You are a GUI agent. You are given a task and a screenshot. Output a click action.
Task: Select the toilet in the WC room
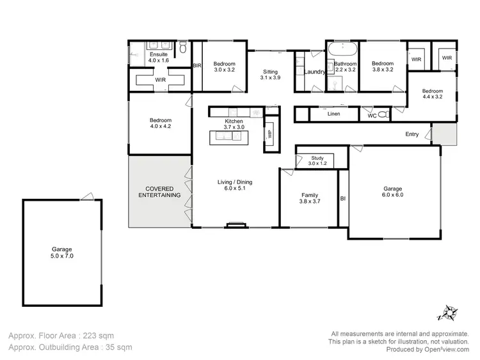point(383,115)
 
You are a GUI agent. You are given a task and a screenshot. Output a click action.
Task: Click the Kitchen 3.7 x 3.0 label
point(234,124)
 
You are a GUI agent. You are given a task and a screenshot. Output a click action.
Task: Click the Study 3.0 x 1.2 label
point(317,160)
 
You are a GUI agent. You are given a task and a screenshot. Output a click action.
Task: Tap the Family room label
point(310,198)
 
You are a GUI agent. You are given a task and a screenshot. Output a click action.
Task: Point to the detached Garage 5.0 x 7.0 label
point(61,253)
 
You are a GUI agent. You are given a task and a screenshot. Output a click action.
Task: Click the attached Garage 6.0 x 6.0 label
point(392,192)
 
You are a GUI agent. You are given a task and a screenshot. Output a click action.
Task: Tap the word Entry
point(412,134)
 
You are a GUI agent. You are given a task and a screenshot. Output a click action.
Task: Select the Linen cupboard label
point(333,114)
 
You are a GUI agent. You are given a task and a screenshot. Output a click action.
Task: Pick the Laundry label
point(315,72)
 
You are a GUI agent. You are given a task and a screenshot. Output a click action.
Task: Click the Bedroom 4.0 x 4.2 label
point(161,123)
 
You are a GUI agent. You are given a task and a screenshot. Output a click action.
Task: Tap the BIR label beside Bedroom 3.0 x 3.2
point(198,66)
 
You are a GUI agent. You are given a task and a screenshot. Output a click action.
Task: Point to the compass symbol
point(446,313)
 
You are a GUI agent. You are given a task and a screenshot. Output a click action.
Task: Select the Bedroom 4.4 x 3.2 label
point(433,94)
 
